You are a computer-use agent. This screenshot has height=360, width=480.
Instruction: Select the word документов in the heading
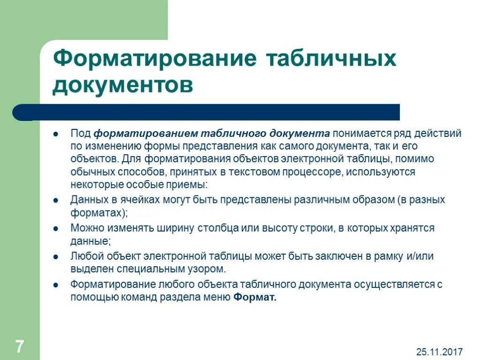point(123,86)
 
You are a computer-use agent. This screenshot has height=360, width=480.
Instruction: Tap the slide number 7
point(19,347)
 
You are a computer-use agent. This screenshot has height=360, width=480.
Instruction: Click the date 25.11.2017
point(439,351)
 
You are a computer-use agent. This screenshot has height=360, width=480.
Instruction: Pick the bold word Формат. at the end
point(255,297)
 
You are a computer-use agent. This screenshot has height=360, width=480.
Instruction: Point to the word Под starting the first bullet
point(81,134)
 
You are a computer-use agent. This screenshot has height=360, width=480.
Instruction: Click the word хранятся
point(412,228)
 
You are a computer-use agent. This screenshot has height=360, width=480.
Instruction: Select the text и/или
point(420,256)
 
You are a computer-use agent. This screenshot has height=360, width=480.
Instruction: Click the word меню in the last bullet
point(217,297)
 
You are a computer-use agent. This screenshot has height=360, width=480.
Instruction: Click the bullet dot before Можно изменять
point(55,229)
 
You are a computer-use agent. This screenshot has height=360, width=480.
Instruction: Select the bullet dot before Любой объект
point(55,257)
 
